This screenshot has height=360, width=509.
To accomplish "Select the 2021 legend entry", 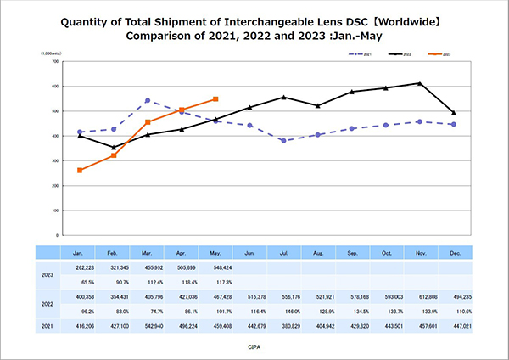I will (x=363, y=53).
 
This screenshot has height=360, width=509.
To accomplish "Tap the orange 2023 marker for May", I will (x=215, y=99).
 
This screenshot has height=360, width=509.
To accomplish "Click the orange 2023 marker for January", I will (x=81, y=170).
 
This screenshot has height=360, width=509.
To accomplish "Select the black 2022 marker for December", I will (x=453, y=113).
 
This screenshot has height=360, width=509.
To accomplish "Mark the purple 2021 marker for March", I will (x=148, y=100).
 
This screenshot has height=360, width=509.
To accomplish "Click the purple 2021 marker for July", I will (x=283, y=141).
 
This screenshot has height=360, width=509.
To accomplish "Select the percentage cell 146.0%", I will (x=283, y=312).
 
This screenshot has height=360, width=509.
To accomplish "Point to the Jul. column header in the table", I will (x=283, y=252).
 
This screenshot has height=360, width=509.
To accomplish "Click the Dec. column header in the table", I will (x=453, y=252).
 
